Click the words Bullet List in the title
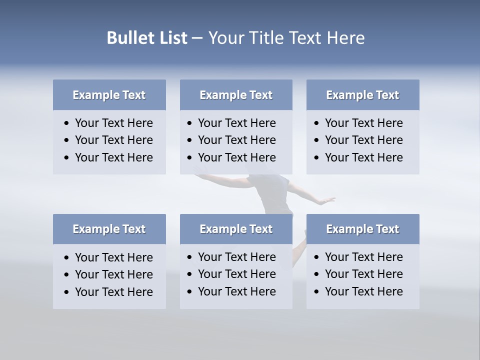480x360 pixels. pyautogui.click(x=147, y=38)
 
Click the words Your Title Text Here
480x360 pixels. pyautogui.click(x=286, y=38)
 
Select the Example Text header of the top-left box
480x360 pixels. pyautogui.click(x=109, y=95)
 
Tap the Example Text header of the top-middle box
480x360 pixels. pyautogui.click(x=236, y=95)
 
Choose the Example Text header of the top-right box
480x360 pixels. pyautogui.click(x=362, y=95)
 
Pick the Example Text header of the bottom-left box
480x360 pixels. pyautogui.click(x=109, y=229)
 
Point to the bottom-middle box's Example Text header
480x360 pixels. pyautogui.click(x=236, y=229)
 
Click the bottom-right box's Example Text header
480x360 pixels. pyautogui.click(x=362, y=229)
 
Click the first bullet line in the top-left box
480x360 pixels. pyautogui.click(x=113, y=123)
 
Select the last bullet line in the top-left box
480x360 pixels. pyautogui.click(x=113, y=157)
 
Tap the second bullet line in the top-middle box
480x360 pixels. pyautogui.click(x=236, y=140)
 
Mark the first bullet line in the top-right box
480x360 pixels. pyautogui.click(x=363, y=123)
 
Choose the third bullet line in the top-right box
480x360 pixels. pyautogui.click(x=363, y=157)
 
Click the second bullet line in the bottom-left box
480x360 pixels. pyautogui.click(x=113, y=274)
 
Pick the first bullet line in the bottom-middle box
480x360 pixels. pyautogui.click(x=236, y=257)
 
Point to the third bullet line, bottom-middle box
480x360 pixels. pyautogui.click(x=236, y=291)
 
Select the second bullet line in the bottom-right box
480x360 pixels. pyautogui.click(x=363, y=274)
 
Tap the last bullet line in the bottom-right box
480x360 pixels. pyautogui.click(x=363, y=291)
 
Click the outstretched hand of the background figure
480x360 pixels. pyautogui.click(x=327, y=200)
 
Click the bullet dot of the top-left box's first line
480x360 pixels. pyautogui.click(x=67, y=123)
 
